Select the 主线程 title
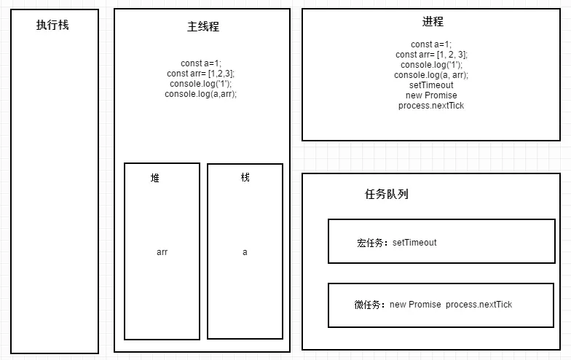click(202, 27)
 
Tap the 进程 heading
click(431, 22)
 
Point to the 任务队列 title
click(386, 195)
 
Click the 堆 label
click(155, 178)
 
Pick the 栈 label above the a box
click(245, 177)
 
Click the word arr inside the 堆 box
click(162, 252)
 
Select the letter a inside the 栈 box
click(245, 252)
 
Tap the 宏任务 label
click(372, 243)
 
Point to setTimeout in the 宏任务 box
click(414, 243)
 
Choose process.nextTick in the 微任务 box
click(479, 305)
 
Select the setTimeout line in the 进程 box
click(431, 85)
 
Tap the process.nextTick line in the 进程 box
click(431, 106)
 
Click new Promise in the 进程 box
click(431, 95)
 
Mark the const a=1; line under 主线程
click(201, 63)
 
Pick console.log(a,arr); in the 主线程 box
click(201, 94)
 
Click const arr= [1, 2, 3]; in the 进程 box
click(431, 55)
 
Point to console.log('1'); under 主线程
click(201, 84)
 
